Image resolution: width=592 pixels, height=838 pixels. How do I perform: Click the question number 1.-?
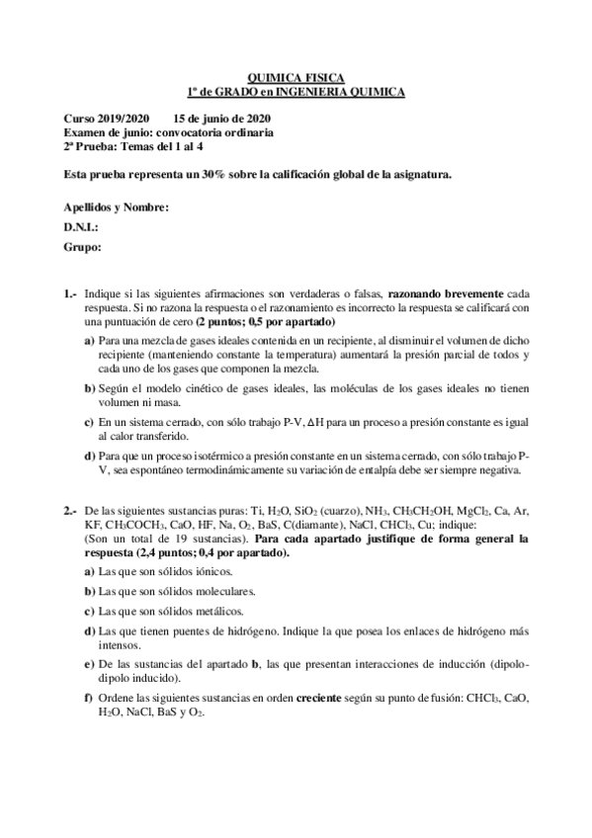(70, 294)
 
